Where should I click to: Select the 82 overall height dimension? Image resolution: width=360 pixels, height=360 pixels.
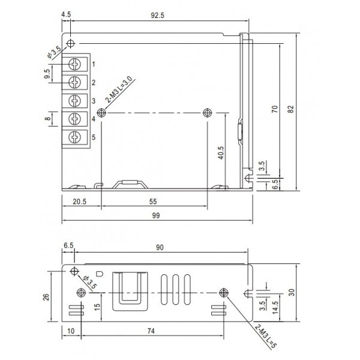click(x=292, y=109)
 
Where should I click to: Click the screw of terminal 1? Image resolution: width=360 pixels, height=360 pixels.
click(x=76, y=64)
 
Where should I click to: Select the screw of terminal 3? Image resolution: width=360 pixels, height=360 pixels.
click(x=76, y=100)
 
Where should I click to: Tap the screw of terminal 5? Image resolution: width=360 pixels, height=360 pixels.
click(x=76, y=137)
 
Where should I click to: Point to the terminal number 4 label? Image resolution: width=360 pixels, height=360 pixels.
click(x=94, y=119)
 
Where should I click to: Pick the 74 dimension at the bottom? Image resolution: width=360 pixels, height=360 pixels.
click(x=155, y=331)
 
